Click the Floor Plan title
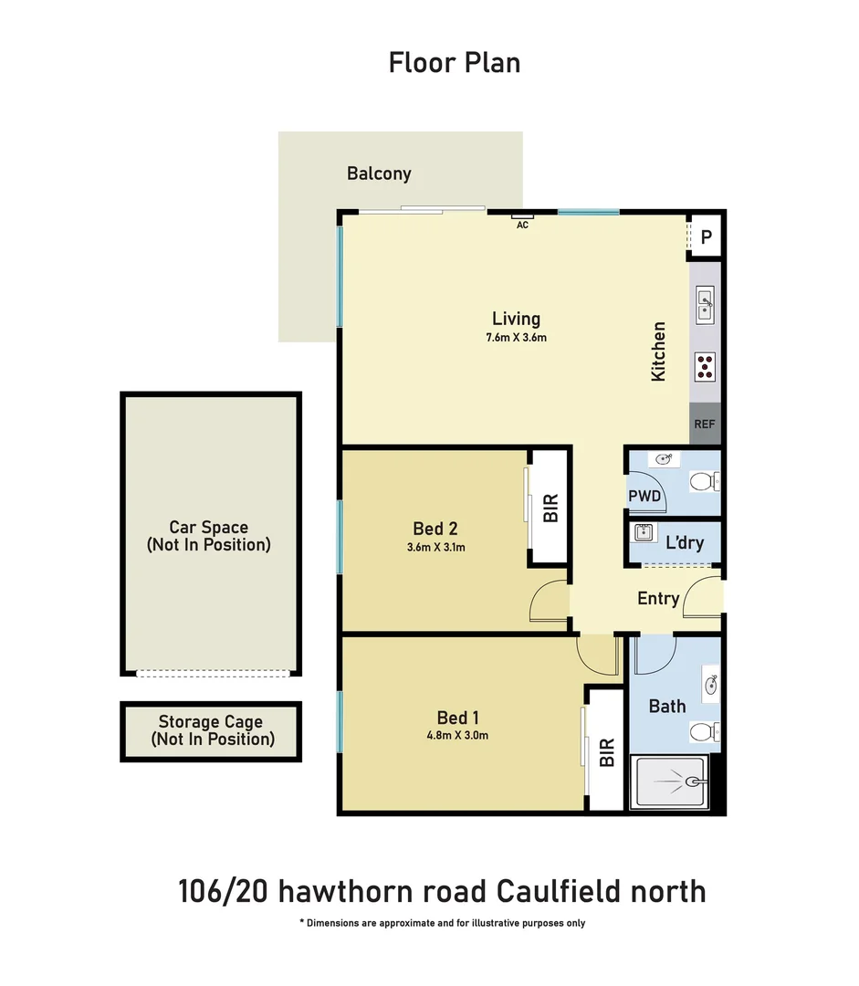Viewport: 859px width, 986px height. pos(455,63)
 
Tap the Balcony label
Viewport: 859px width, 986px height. pos(379,173)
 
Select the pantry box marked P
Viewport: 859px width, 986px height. pos(706,238)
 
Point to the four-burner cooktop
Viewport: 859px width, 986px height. pos(705,366)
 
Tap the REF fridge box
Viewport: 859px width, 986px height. pos(705,424)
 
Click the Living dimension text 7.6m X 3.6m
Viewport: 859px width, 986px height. pos(517,338)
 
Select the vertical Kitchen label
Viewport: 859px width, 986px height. pos(658,351)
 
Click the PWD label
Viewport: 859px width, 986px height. pos(644,496)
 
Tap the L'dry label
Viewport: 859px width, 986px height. pos(684,542)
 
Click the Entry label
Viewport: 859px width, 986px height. pos(658,599)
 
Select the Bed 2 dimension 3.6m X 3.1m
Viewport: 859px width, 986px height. pos(435,548)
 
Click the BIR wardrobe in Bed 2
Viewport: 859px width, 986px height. pos(550,508)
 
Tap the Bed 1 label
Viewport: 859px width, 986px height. pos(457,718)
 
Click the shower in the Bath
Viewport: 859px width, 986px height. pos(671,781)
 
